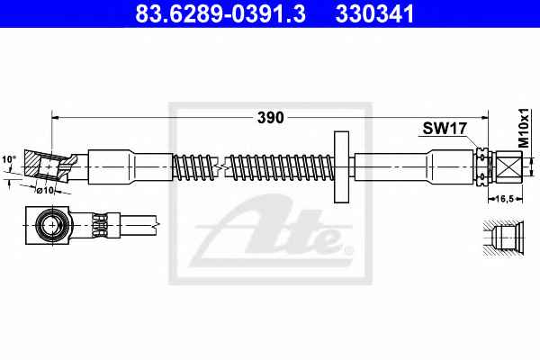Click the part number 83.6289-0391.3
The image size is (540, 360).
220,13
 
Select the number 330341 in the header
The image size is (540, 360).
374,13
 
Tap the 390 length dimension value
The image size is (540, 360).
271,118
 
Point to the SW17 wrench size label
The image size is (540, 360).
445,129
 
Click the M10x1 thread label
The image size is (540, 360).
524,128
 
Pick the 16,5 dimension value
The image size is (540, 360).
505,198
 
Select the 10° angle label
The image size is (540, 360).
9,159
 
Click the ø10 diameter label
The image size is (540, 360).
46,190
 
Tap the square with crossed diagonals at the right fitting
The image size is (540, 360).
509,166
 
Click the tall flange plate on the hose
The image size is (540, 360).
341,166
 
